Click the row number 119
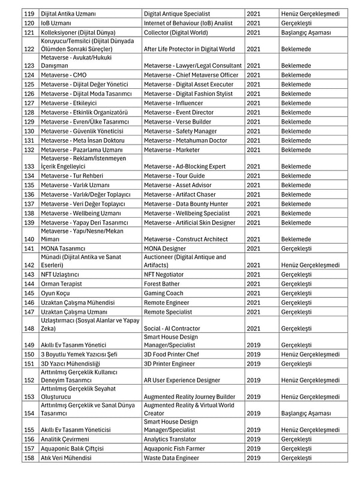[29, 13]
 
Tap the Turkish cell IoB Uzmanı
[57, 23]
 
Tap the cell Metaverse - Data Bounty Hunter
[186, 204]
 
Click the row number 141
[29, 248]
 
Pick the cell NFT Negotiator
[166, 274]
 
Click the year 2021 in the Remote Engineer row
[253, 302]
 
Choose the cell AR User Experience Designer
[182, 380]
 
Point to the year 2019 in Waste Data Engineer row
[253, 458]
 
